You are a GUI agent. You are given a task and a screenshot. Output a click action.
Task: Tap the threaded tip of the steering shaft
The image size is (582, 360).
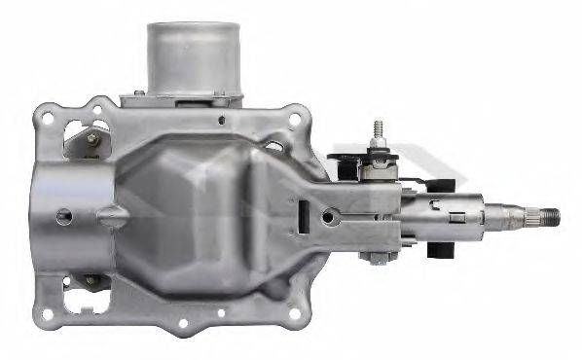pyautogui.click(x=551, y=214)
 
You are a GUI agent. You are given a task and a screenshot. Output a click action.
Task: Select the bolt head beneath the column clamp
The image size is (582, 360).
pyautogui.click(x=374, y=258)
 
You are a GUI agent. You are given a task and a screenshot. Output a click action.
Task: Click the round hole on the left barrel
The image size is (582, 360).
pyautogui.click(x=63, y=215)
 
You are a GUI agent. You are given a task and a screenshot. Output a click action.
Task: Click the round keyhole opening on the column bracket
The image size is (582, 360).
pyautogui.click(x=333, y=218)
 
